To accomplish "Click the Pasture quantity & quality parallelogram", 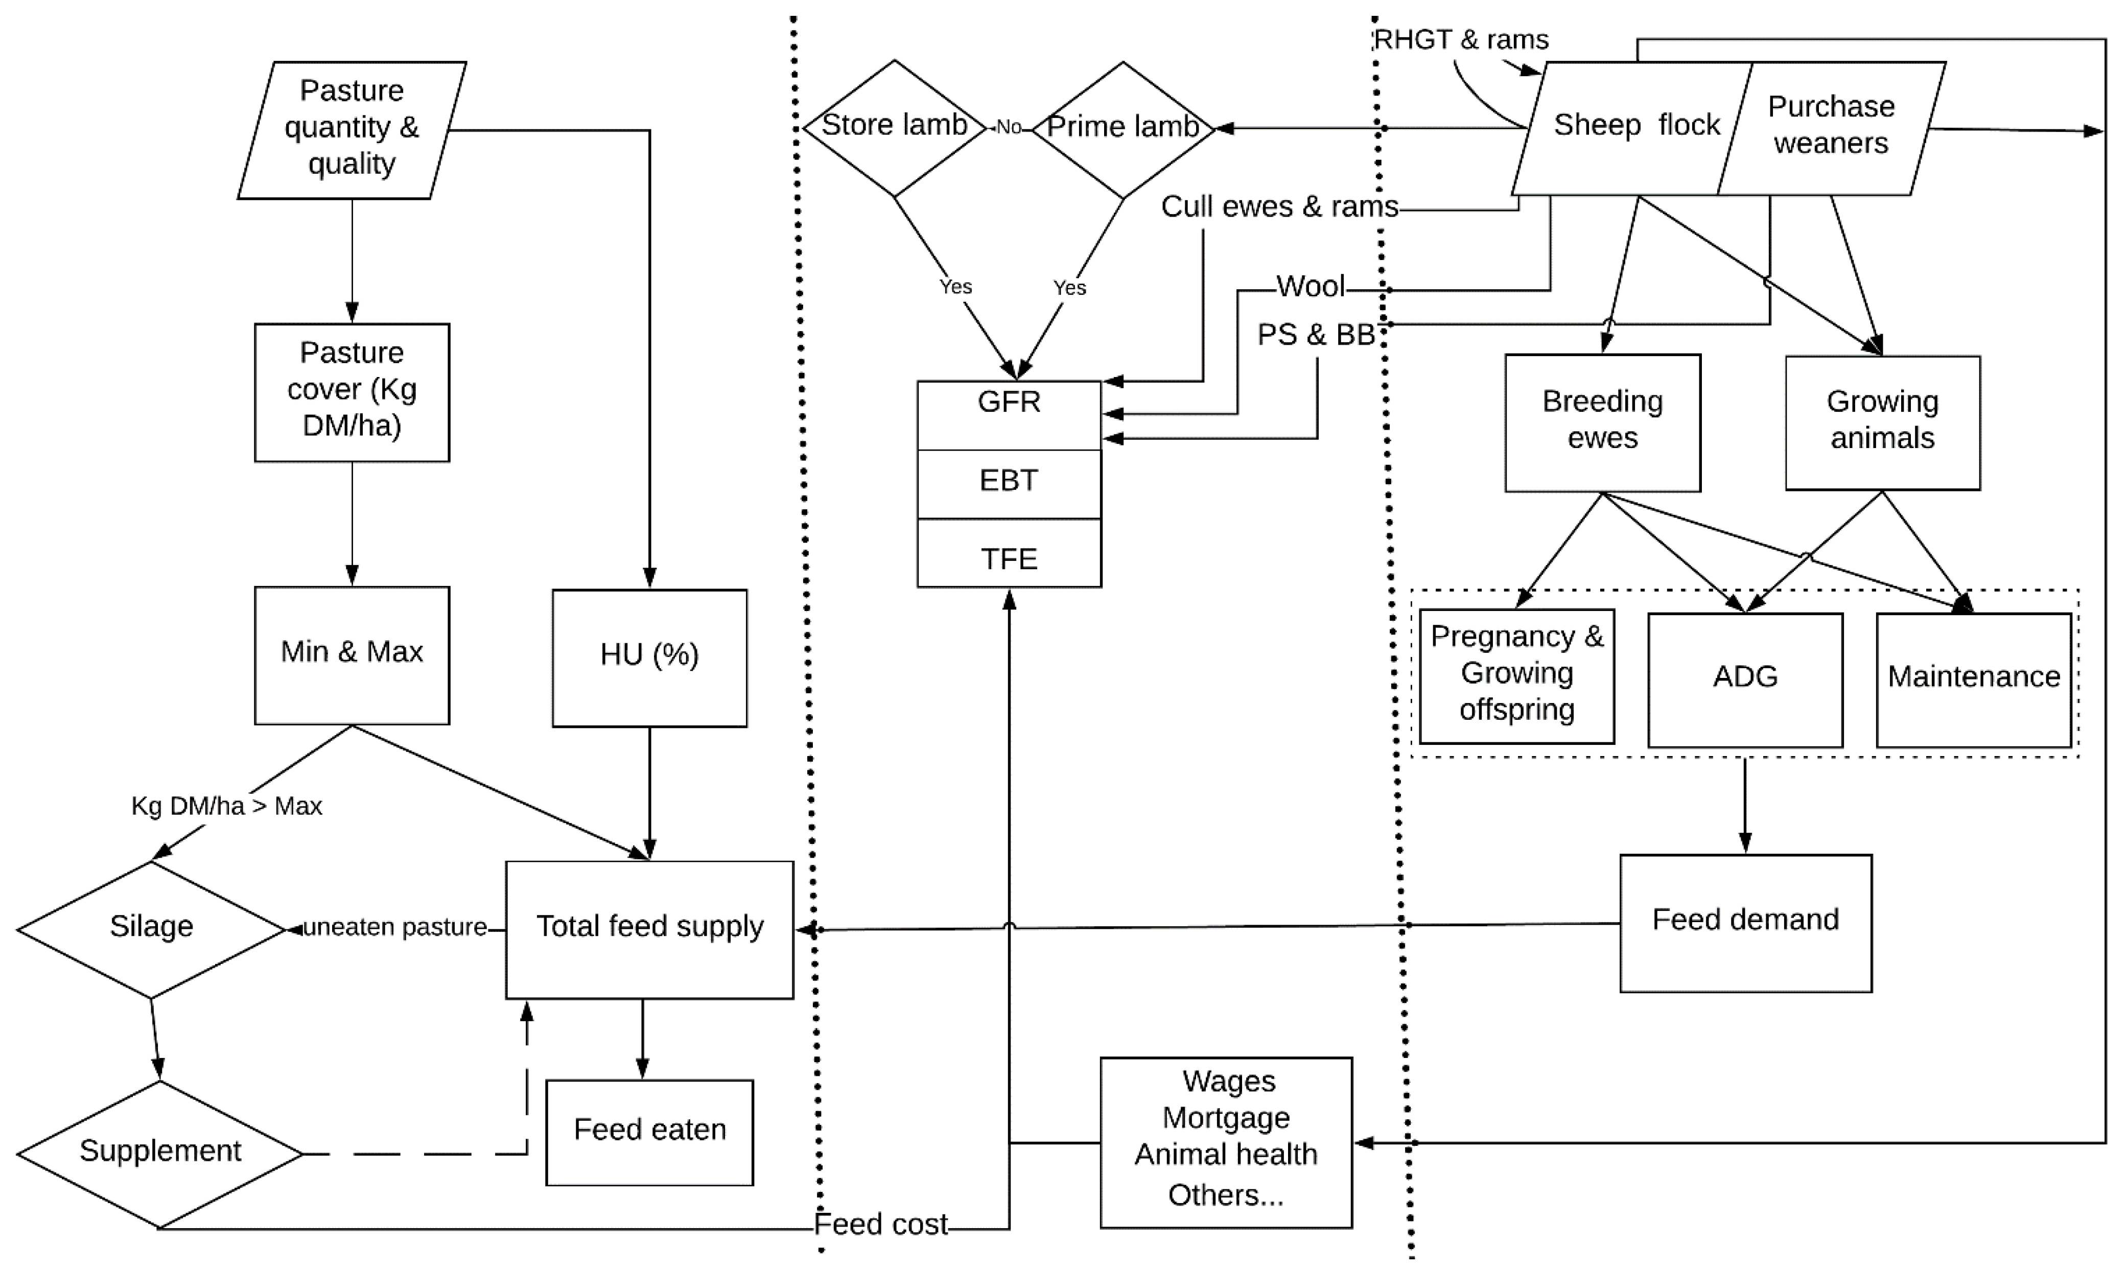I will [352, 128].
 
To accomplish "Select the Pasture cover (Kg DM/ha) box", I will [352, 392].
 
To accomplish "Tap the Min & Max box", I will [352, 654].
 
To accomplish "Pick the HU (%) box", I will [649, 657].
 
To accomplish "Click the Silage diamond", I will [151, 928].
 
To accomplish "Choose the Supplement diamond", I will [160, 1153].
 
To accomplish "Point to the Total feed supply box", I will [649, 928].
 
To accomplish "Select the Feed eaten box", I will [649, 1132].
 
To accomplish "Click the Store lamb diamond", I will [894, 127].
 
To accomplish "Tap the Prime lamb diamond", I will [1123, 128].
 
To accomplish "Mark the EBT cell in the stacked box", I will [1009, 482].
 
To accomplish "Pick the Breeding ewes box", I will [1602, 421].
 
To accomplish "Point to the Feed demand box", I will [1745, 922].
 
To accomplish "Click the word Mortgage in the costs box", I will [1225, 1118].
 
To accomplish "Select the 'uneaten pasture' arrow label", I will [395, 928].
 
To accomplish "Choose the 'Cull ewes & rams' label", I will [1279, 207].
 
